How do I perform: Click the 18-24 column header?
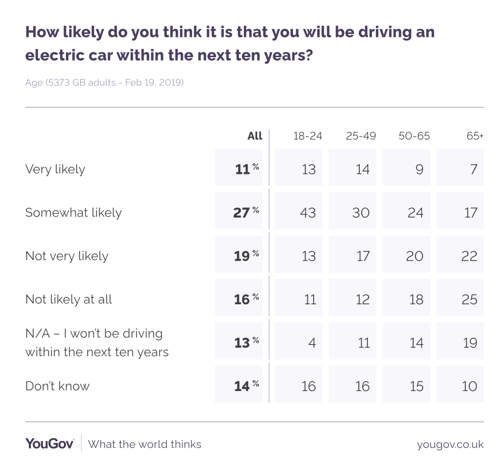[307, 136]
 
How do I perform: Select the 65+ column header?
[475, 136]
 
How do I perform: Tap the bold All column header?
[255, 136]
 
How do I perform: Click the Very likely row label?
[55, 169]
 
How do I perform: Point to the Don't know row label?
[57, 386]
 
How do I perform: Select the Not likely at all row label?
[68, 299]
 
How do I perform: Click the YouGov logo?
[49, 444]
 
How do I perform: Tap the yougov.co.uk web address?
[450, 444]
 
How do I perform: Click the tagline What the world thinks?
[144, 444]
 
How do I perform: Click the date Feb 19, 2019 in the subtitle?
[154, 82]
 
